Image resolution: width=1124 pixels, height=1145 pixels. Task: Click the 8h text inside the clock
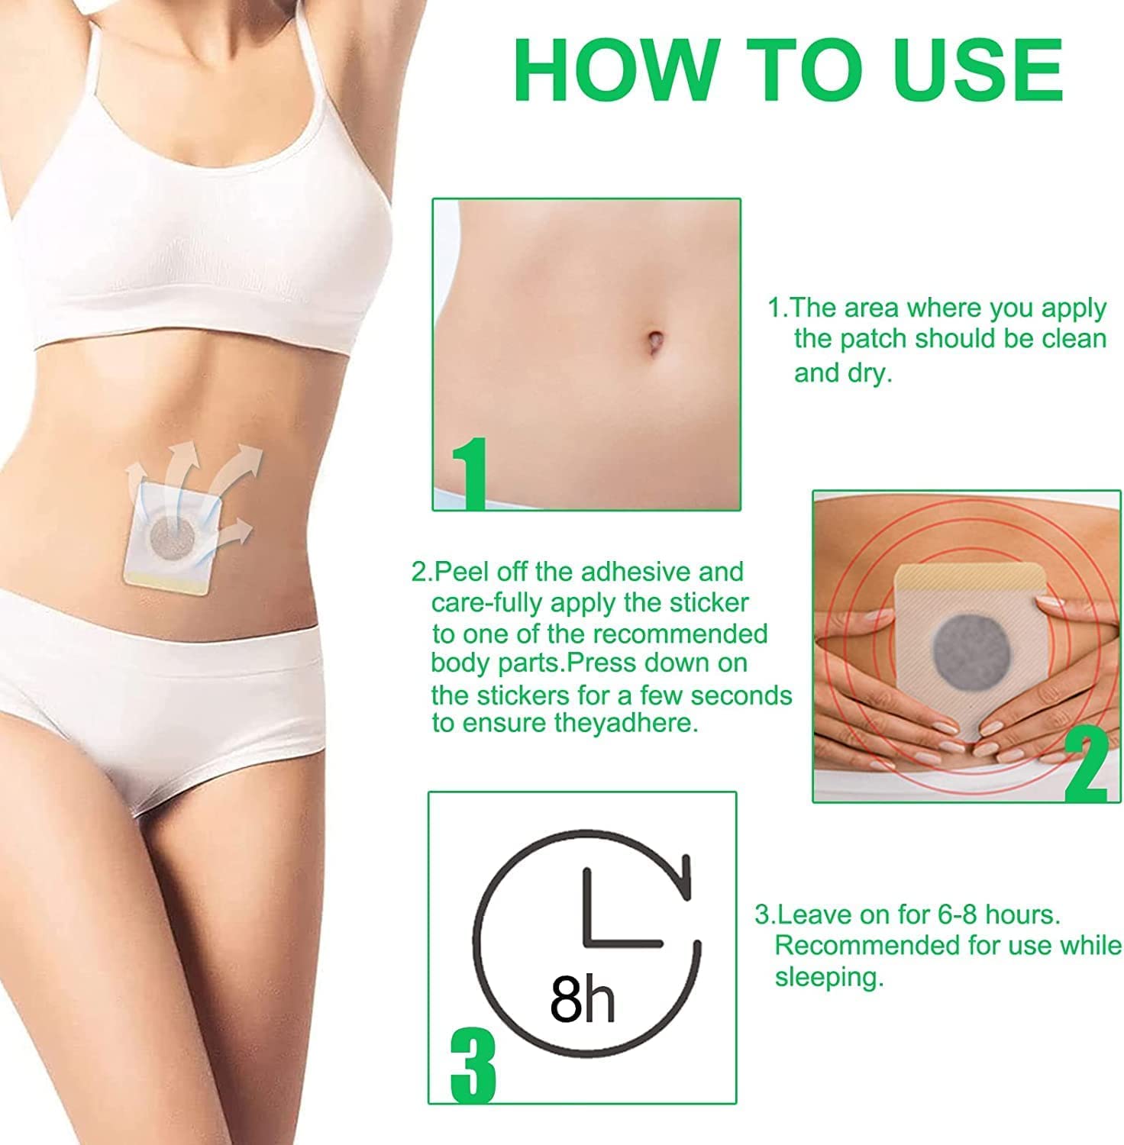coord(583,998)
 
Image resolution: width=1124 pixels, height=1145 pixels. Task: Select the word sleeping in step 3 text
coord(828,978)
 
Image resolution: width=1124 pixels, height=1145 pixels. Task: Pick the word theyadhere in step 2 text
coord(625,723)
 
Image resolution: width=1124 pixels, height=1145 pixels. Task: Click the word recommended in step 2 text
coord(680,634)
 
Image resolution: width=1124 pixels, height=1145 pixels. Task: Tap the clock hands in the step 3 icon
coord(609,908)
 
